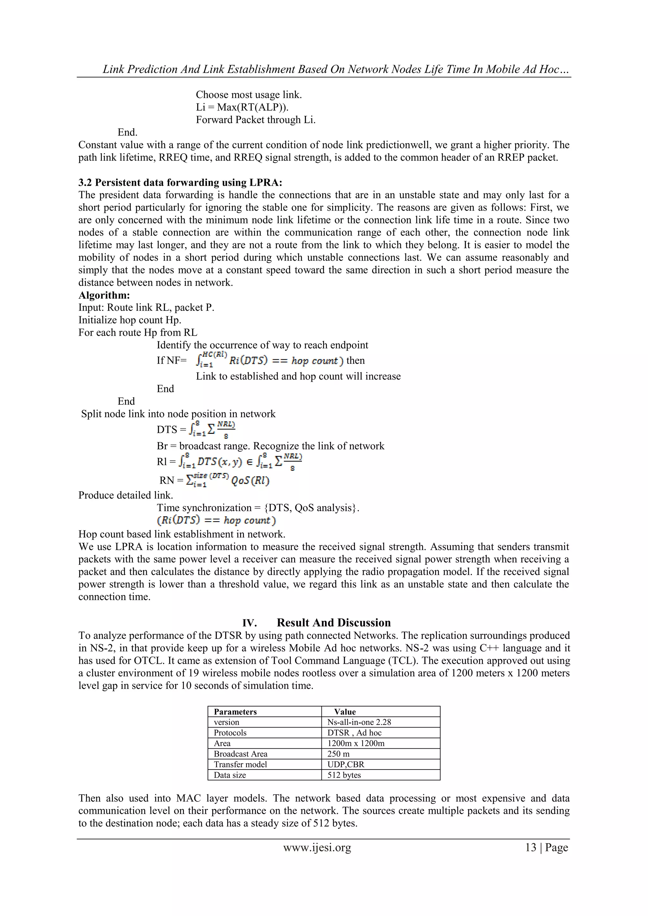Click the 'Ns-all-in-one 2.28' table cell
pyautogui.click(x=359, y=722)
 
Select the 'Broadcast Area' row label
pyautogui.click(x=240, y=754)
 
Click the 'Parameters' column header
pyautogui.click(x=235, y=712)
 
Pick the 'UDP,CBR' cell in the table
pyautogui.click(x=346, y=764)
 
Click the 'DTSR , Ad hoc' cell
pyautogui.click(x=354, y=733)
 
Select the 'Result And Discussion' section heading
pyautogui.click(x=333, y=623)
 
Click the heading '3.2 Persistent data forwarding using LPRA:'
pyautogui.click(x=180, y=183)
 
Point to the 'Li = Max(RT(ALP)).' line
pyautogui.click(x=242, y=107)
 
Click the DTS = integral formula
pyautogui.click(x=196, y=429)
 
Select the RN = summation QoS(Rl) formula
pyautogui.click(x=215, y=480)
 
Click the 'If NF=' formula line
pyautogui.click(x=260, y=360)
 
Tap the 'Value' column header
pyautogui.click(x=345, y=712)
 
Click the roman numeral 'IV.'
pyautogui.click(x=249, y=623)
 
